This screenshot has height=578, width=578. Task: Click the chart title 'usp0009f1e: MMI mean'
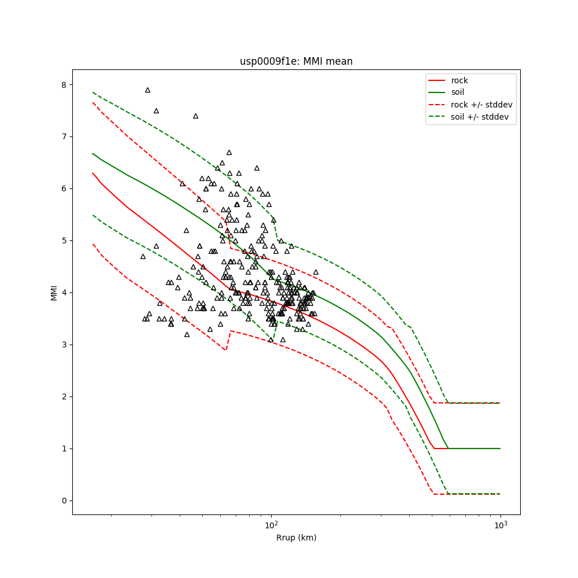point(296,61)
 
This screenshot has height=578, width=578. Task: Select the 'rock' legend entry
point(460,80)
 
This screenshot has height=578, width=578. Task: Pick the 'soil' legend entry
point(459,92)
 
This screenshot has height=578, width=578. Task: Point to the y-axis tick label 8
point(64,84)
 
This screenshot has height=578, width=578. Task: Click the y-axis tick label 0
point(64,501)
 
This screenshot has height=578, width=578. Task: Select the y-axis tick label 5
point(64,240)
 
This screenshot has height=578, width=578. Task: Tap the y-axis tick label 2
point(64,397)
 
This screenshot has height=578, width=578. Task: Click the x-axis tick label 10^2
point(271,525)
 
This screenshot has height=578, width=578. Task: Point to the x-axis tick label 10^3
point(501,525)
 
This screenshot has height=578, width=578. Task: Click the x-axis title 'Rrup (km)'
point(296,538)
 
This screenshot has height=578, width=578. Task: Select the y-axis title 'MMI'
point(54,292)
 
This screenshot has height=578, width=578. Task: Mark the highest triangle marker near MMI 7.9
point(147,90)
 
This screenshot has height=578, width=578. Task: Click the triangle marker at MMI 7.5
point(156,111)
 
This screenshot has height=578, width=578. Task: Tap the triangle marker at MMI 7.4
point(195,116)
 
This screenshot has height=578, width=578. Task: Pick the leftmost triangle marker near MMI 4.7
point(143,256)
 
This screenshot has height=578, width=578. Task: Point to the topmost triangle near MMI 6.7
point(229,153)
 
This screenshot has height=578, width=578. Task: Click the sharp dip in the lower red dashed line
point(225,349)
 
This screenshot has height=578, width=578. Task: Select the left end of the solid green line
point(92,154)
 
